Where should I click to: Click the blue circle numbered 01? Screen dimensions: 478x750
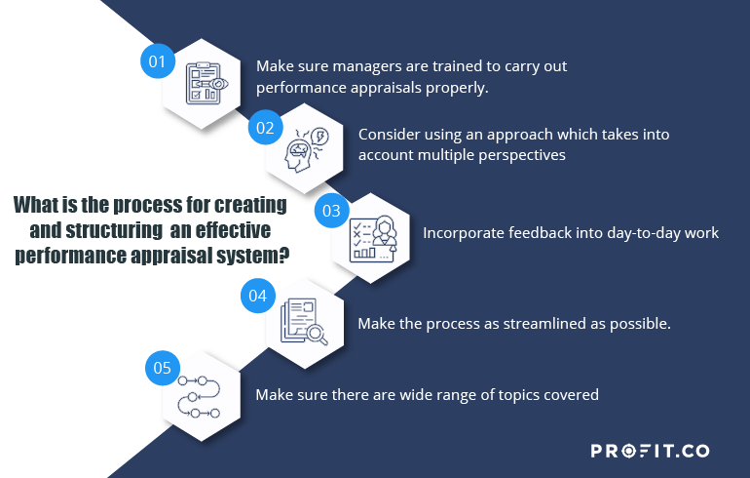click(x=156, y=60)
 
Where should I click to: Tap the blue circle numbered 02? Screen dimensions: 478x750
click(x=265, y=127)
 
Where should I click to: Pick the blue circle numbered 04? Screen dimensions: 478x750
click(x=257, y=295)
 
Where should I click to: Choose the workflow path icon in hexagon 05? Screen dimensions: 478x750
click(x=200, y=396)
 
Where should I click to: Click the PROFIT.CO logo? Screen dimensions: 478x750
click(x=650, y=451)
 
